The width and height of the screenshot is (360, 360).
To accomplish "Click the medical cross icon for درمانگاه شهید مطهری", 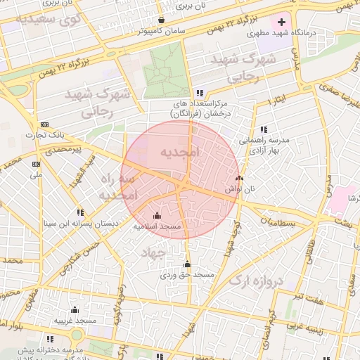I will click(x=282, y=22).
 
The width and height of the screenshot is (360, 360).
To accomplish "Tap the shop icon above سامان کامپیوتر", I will click(x=162, y=20).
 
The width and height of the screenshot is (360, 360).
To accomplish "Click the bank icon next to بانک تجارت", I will click(x=45, y=124).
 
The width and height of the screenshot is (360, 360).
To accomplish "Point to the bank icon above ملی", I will click(x=36, y=163).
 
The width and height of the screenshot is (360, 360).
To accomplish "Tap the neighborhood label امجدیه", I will click(x=180, y=152).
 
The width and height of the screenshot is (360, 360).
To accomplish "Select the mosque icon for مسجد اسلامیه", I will click(x=157, y=215).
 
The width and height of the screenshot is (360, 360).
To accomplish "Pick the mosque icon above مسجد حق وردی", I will click(x=186, y=264).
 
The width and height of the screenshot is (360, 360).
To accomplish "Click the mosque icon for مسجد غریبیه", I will click(x=75, y=310).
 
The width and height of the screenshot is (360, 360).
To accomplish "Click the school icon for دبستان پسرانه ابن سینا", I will click(x=80, y=212).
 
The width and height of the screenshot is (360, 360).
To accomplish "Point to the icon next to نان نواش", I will click(x=239, y=179).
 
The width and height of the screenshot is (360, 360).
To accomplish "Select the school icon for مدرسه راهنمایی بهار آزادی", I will click(x=264, y=129).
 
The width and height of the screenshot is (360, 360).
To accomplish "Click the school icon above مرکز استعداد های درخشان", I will click(x=200, y=92).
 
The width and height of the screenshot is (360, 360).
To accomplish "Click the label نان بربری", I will click(x=191, y=6).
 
